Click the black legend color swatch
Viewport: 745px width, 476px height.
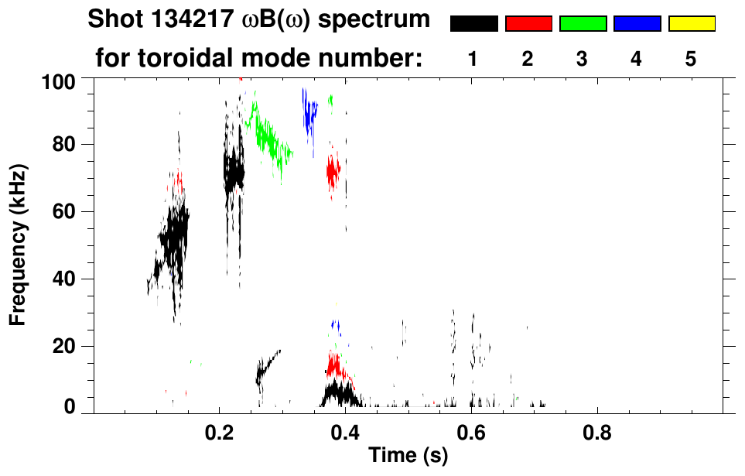(473, 24)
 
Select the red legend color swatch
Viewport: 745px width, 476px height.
(528, 24)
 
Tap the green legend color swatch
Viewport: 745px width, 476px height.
(583, 24)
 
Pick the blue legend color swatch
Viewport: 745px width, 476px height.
(637, 24)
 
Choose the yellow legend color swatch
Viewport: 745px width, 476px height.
(691, 24)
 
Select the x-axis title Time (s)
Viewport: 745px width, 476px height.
(408, 456)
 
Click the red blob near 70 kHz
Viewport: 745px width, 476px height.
(333, 172)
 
